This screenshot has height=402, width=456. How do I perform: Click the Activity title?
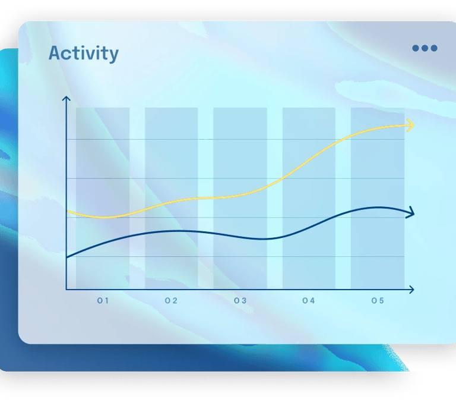tap(84, 54)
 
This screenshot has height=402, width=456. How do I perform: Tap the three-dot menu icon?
tap(425, 48)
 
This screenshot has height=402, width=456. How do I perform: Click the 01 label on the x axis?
tap(103, 300)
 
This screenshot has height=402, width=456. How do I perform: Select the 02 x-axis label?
tap(171, 300)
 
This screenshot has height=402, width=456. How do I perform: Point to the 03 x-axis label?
tap(240, 300)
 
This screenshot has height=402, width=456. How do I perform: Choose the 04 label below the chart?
tap(309, 300)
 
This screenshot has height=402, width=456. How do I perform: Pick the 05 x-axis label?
tap(378, 300)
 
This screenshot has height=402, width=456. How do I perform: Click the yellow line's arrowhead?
tap(411, 125)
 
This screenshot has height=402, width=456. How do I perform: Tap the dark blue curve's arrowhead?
tap(410, 213)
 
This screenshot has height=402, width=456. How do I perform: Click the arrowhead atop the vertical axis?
tap(66, 99)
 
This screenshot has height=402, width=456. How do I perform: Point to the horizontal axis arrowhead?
tap(411, 290)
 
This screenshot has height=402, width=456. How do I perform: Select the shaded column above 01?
tap(103, 199)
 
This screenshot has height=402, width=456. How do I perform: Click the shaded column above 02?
tap(171, 199)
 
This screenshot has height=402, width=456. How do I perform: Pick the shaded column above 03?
tap(240, 199)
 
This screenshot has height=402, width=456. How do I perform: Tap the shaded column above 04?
tap(309, 199)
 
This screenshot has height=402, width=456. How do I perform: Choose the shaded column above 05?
tap(378, 199)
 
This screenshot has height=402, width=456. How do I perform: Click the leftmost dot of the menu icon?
tap(416, 48)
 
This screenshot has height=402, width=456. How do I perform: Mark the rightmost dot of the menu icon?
tap(434, 48)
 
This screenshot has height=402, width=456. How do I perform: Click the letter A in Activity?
tap(56, 53)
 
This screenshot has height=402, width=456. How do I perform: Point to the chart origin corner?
tap(66, 290)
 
